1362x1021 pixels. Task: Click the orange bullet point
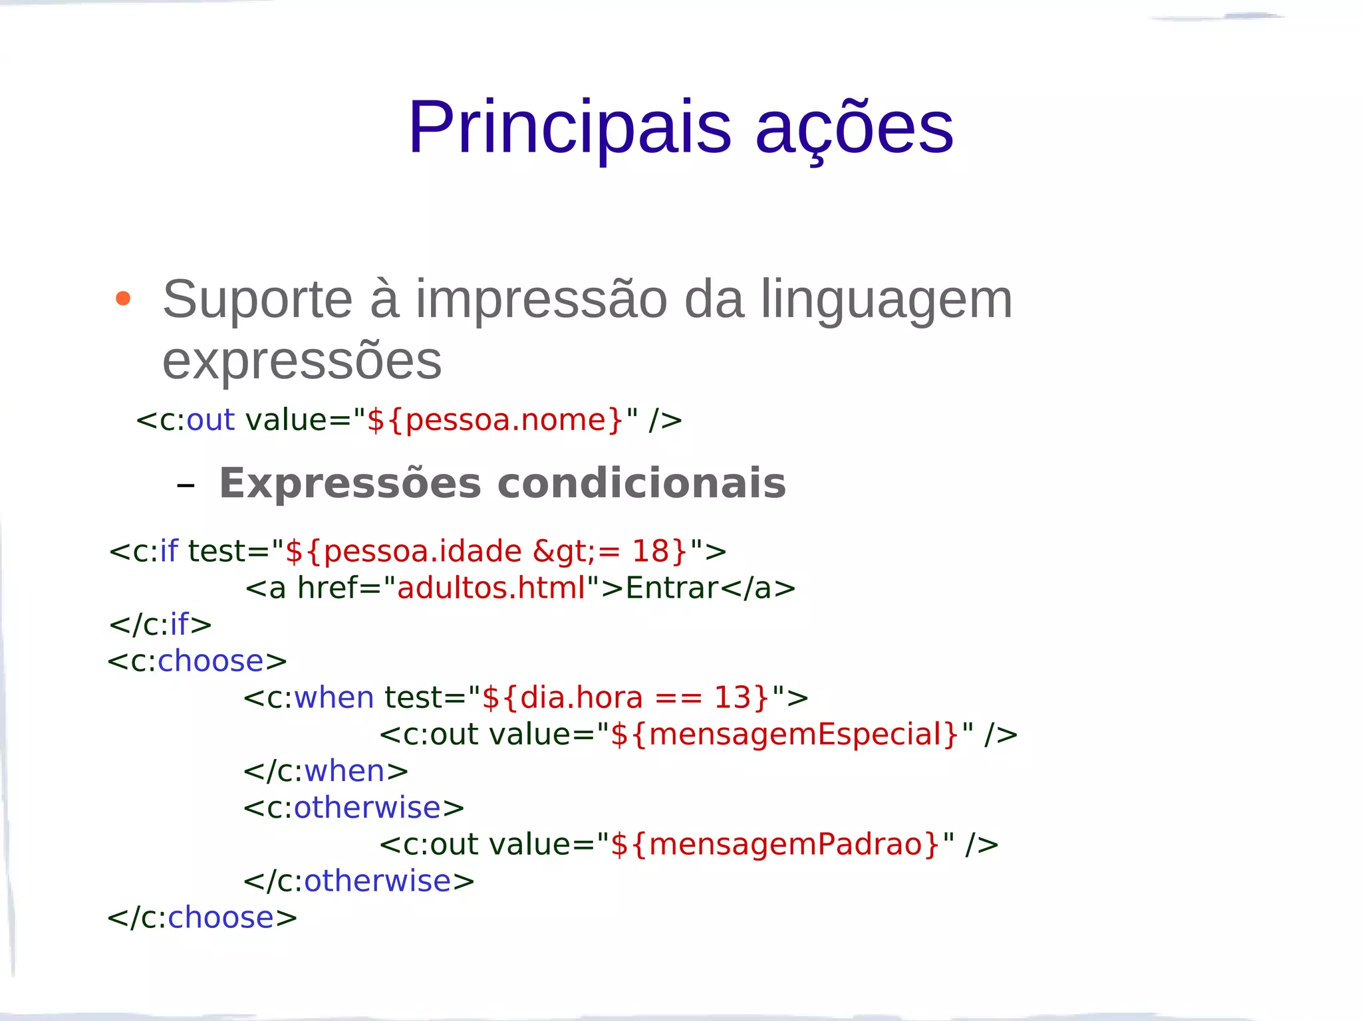[x=122, y=298]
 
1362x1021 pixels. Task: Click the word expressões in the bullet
[x=302, y=360]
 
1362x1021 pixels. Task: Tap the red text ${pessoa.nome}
[x=495, y=420]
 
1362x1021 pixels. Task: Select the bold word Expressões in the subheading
[x=350, y=483]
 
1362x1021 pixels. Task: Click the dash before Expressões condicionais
[x=186, y=485]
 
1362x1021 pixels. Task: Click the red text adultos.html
[x=491, y=588]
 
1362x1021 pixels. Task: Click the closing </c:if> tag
[x=160, y=625]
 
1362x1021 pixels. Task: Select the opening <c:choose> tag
[x=197, y=661]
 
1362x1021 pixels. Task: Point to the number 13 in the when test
[x=732, y=698]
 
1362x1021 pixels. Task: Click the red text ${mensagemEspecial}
[x=784, y=735]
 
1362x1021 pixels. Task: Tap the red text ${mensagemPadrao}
[x=775, y=844]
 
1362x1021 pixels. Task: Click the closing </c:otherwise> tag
[x=359, y=881]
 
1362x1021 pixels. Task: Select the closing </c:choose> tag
[x=202, y=918]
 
